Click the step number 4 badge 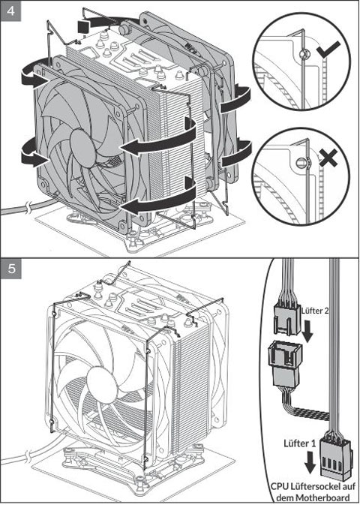tap(11, 11)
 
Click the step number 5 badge tap(11, 269)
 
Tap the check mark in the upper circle tap(328, 50)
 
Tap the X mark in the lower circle tap(328, 158)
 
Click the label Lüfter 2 tap(315, 311)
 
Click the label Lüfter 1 tap(300, 443)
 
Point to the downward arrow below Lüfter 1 tap(310, 462)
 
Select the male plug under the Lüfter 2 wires tap(287, 319)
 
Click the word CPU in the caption tap(280, 487)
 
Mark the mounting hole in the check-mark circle tap(302, 55)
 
